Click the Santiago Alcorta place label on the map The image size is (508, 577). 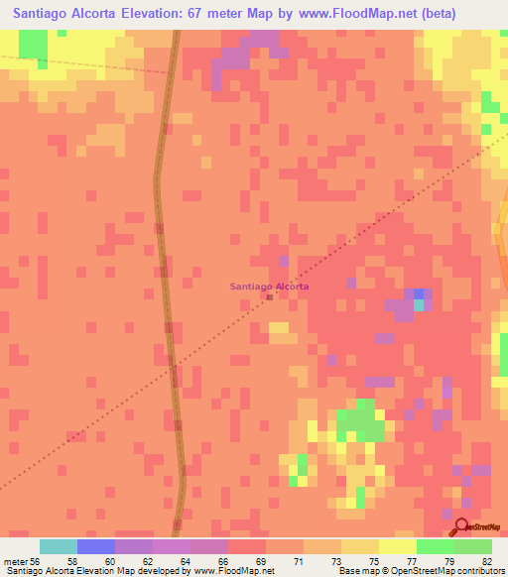269,287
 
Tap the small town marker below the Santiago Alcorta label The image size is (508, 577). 270,296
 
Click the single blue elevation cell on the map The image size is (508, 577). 419,294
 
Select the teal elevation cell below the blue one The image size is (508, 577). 419,305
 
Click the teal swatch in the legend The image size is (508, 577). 59,546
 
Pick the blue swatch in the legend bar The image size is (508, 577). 96,546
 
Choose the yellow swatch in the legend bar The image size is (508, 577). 398,546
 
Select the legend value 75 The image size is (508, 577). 359,560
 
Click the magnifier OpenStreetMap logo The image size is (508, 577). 461,526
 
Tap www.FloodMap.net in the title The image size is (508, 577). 379,14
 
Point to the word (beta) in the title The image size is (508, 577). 468,14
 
